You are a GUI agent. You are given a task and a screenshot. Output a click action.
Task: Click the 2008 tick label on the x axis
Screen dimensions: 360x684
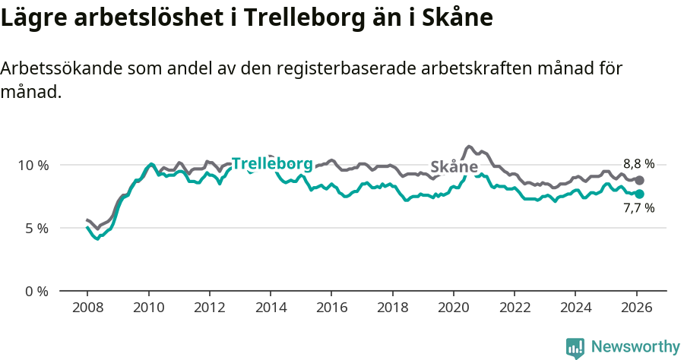coord(87,309)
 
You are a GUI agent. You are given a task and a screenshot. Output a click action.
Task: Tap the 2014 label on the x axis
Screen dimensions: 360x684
coord(271,309)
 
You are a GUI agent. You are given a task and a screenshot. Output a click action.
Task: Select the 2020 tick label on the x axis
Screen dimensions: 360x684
coord(453,309)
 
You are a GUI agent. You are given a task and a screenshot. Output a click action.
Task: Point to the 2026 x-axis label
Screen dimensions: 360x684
coord(635,309)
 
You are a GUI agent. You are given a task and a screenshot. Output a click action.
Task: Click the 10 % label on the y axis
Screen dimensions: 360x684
coord(33,165)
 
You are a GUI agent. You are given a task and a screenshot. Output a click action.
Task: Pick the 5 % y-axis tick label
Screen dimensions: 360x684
coord(36,228)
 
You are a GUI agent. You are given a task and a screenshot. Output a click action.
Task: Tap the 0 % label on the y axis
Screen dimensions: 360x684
coord(36,291)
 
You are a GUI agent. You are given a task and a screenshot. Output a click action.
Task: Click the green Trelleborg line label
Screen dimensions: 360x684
coord(271,163)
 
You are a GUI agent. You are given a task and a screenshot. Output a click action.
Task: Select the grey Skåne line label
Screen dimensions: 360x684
coord(454,167)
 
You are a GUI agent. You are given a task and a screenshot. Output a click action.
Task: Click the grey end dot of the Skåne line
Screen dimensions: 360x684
coord(640,180)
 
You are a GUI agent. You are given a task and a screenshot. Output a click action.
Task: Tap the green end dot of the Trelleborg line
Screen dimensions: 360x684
coord(640,194)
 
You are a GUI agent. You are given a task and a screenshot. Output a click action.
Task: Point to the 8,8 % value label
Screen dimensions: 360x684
coord(638,163)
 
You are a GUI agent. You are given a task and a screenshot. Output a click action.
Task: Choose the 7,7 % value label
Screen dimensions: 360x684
coord(638,208)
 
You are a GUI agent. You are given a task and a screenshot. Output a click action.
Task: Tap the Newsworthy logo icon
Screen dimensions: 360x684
coord(575,348)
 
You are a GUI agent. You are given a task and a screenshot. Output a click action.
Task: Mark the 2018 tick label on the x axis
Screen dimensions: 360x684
coord(392,309)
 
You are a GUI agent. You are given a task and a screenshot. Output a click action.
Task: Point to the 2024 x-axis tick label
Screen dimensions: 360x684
coord(575,309)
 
